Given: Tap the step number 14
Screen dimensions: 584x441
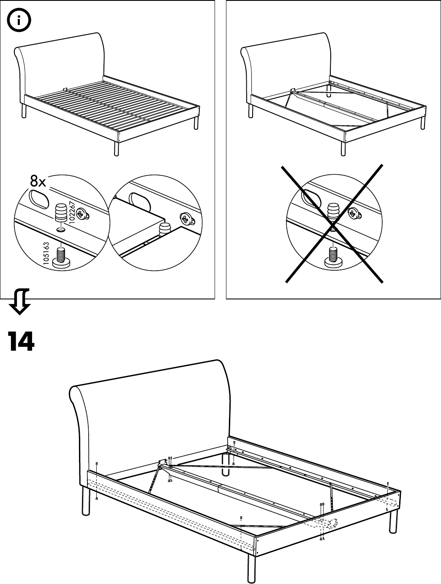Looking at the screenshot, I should tap(21, 342).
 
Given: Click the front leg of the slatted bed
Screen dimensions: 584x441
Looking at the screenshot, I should tap(116, 149).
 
